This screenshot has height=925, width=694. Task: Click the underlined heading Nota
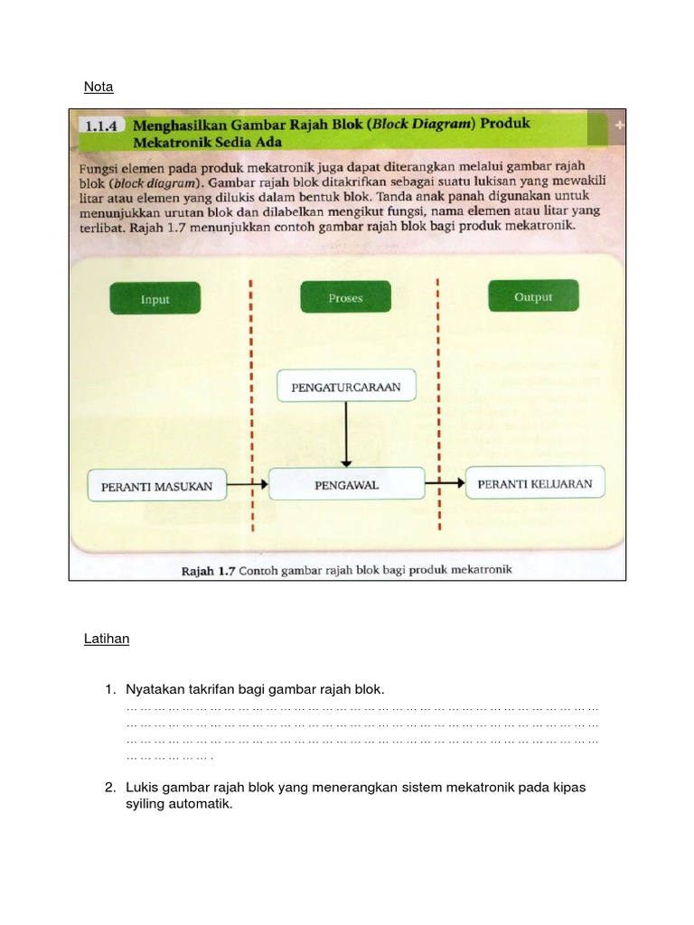point(98,87)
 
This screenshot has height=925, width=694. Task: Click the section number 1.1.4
point(101,127)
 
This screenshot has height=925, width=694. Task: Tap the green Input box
point(155,299)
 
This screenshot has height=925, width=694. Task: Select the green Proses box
point(345,298)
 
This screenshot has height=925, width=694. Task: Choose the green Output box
point(532,297)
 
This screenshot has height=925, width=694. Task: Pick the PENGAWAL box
point(346,485)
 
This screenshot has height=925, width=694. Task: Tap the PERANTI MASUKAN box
point(156,486)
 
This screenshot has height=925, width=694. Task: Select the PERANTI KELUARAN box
point(535,483)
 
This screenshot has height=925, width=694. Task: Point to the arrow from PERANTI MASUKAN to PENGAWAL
point(247,485)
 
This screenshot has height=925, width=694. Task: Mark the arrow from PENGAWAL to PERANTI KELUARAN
point(444,483)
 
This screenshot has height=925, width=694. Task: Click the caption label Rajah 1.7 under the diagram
point(209,570)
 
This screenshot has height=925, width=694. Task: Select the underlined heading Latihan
point(107,639)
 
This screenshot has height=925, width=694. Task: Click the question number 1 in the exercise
point(109,689)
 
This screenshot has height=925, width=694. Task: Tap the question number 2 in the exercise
point(109,787)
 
